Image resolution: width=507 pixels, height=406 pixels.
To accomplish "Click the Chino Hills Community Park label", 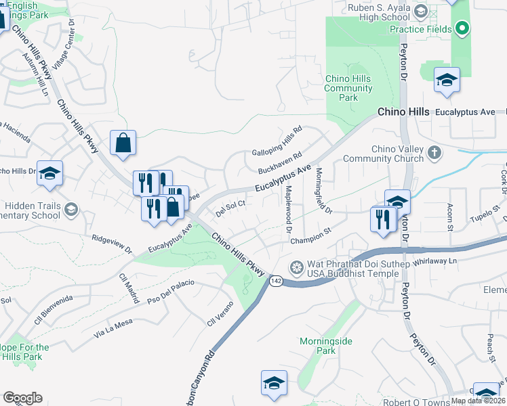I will tap(348, 88).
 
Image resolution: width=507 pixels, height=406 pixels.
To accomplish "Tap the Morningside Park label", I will tap(327, 346).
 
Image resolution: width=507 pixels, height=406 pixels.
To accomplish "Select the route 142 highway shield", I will tap(275, 281).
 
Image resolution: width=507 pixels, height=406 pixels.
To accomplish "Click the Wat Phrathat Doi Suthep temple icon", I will tap(296, 268).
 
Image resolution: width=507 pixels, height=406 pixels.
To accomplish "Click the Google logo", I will tap(22, 397).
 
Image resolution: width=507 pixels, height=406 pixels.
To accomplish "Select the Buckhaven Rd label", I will tap(279, 164).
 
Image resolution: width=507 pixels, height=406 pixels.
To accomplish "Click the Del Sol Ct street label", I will tap(230, 208).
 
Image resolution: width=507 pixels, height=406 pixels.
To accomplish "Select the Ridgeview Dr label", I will tap(113, 245).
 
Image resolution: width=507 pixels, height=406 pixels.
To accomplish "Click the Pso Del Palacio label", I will tap(171, 292).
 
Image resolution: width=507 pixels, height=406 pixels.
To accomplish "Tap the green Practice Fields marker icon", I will tap(462, 28).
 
